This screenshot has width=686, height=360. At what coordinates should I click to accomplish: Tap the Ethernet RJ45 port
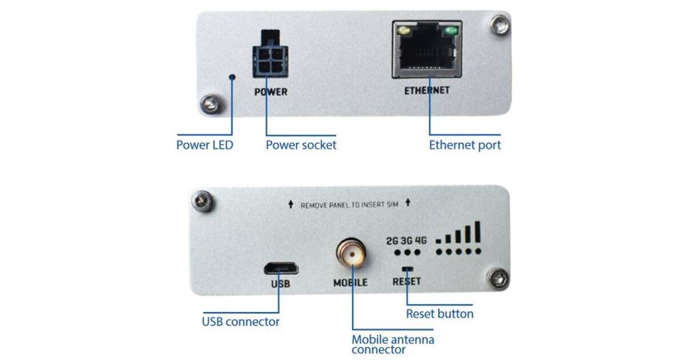click(x=427, y=49)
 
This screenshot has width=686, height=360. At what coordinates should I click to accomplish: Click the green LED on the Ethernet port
click(x=451, y=31)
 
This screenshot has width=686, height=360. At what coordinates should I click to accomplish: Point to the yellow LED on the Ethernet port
click(x=404, y=31)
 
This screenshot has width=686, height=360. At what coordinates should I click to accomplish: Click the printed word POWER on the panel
click(x=271, y=92)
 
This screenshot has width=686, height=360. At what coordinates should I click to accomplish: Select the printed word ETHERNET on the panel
click(x=427, y=91)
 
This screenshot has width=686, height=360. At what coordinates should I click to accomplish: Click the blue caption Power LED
click(x=205, y=145)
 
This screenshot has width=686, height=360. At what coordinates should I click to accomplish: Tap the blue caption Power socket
click(x=301, y=145)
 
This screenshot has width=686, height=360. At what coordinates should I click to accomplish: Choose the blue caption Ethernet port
click(x=465, y=145)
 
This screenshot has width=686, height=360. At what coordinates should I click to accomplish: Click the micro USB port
click(x=281, y=269)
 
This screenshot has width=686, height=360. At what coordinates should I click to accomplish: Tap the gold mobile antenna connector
click(x=351, y=253)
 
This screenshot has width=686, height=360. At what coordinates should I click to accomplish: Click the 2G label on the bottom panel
click(x=392, y=241)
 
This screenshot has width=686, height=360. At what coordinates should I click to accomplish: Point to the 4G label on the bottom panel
click(x=421, y=241)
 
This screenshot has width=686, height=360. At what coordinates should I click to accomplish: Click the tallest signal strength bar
click(x=477, y=232)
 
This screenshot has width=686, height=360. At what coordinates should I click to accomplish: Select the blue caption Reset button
click(x=440, y=314)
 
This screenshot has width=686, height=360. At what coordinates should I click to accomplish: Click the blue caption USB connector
click(x=241, y=322)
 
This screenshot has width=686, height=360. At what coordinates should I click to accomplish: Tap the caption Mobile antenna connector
click(x=393, y=345)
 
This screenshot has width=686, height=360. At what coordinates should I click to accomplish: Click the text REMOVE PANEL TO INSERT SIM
click(x=349, y=205)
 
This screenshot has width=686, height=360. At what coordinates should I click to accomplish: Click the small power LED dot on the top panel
click(x=233, y=77)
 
